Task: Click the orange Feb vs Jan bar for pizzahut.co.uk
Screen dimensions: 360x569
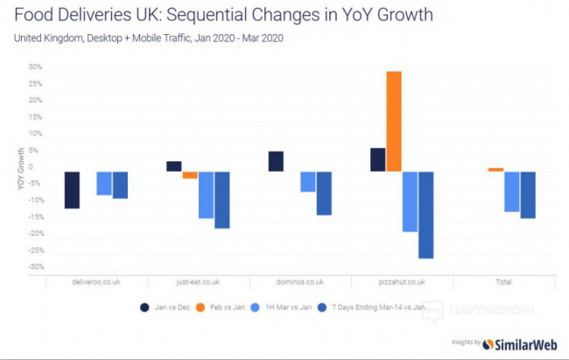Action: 394,121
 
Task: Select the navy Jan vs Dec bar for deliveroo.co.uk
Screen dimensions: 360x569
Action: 72,189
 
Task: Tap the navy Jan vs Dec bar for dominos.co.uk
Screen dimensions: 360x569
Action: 276,161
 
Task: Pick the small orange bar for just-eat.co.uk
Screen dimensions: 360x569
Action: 190,174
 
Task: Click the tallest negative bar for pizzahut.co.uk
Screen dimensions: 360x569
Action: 426,215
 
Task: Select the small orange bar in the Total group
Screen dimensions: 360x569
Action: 496,169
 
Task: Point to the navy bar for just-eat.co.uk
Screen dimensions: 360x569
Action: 173,166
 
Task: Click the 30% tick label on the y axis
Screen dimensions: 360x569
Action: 34,67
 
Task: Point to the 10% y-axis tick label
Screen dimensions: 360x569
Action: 34,133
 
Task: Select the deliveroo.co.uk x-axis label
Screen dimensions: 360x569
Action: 95,283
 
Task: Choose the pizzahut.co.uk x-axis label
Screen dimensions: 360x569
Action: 402,283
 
